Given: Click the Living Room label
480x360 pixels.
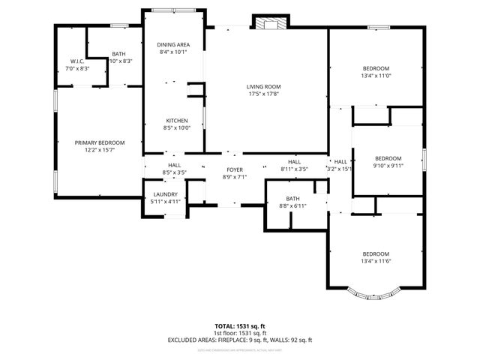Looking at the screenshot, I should (262, 87).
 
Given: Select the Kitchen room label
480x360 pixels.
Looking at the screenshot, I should (177, 121).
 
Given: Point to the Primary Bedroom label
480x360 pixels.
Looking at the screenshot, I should (99, 142).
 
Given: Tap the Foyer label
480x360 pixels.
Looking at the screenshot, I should (235, 169).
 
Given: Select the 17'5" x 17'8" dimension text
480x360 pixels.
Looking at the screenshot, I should (262, 94).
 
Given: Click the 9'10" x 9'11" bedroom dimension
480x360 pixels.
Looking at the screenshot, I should (388, 166).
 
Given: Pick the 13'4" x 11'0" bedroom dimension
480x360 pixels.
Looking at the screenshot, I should (376, 76).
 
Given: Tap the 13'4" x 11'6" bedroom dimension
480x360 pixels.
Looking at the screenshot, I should (376, 260).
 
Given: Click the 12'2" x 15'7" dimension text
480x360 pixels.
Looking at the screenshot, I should (99, 150).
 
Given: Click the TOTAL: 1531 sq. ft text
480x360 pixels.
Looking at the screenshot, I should (241, 326).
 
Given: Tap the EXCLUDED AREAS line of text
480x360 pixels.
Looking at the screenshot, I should (241, 340).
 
